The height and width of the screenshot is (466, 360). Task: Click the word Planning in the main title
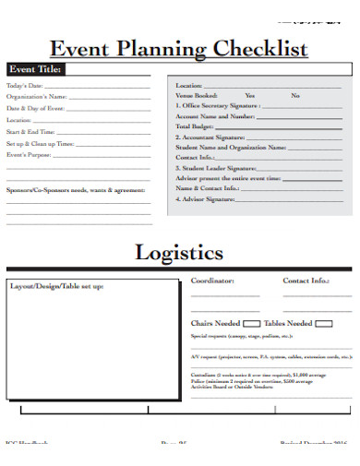point(162,50)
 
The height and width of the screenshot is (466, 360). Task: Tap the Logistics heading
point(179,251)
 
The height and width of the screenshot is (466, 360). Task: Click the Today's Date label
point(25,86)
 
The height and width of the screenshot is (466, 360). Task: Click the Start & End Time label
point(31,132)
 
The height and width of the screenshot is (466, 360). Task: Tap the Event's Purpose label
point(29,155)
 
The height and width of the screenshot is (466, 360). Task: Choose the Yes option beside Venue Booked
point(250,95)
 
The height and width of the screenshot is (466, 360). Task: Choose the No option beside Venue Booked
point(295,95)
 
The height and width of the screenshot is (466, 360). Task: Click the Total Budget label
point(196,125)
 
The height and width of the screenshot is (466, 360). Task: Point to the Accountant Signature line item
point(216,136)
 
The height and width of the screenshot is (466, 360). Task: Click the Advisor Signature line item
point(207,199)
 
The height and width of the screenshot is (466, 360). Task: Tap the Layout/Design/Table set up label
point(57,286)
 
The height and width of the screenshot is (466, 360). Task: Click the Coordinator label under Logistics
point(212,280)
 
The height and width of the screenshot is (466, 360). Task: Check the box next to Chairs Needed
point(249,324)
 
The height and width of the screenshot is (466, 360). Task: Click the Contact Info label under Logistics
point(306,280)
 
